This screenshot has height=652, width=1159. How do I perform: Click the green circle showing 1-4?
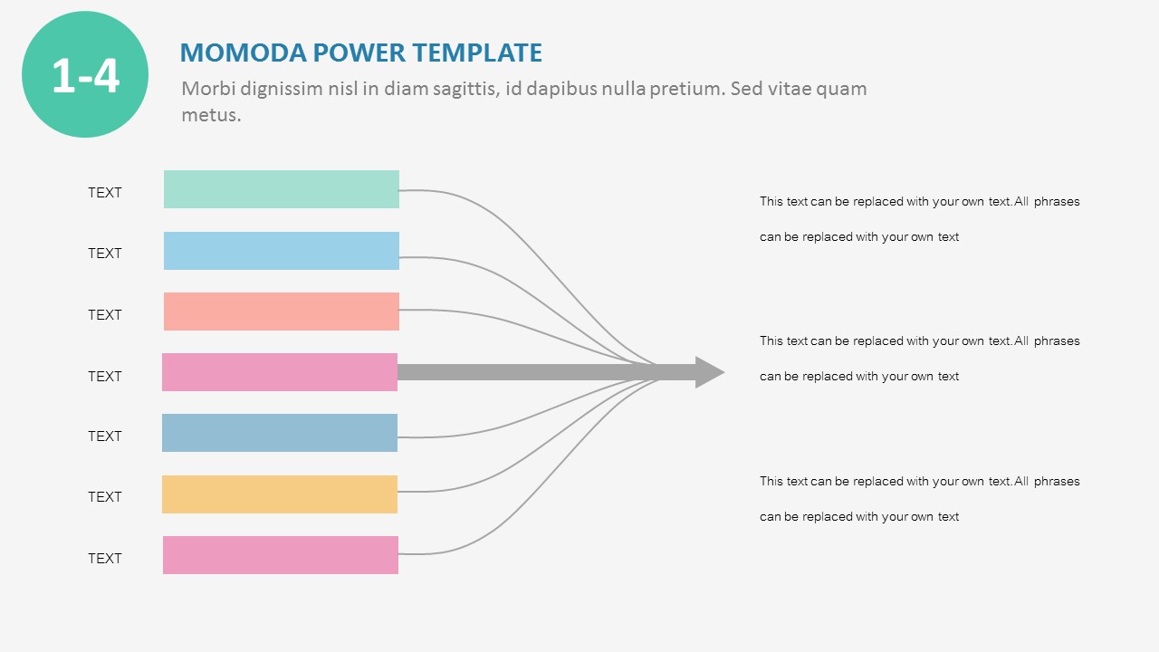85,74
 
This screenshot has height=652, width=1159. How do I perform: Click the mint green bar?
281,189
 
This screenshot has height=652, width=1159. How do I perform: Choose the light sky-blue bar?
281,251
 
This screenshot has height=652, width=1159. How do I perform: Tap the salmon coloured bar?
281,312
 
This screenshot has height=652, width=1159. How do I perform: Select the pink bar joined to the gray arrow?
279,372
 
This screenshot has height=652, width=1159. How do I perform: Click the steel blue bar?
279,433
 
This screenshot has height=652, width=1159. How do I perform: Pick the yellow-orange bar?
279,494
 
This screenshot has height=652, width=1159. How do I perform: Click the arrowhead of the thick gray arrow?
709,372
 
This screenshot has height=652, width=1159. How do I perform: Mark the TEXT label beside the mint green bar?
104,192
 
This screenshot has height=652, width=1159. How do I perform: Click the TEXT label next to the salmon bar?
104,314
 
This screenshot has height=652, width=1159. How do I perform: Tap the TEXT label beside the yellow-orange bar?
104,496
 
